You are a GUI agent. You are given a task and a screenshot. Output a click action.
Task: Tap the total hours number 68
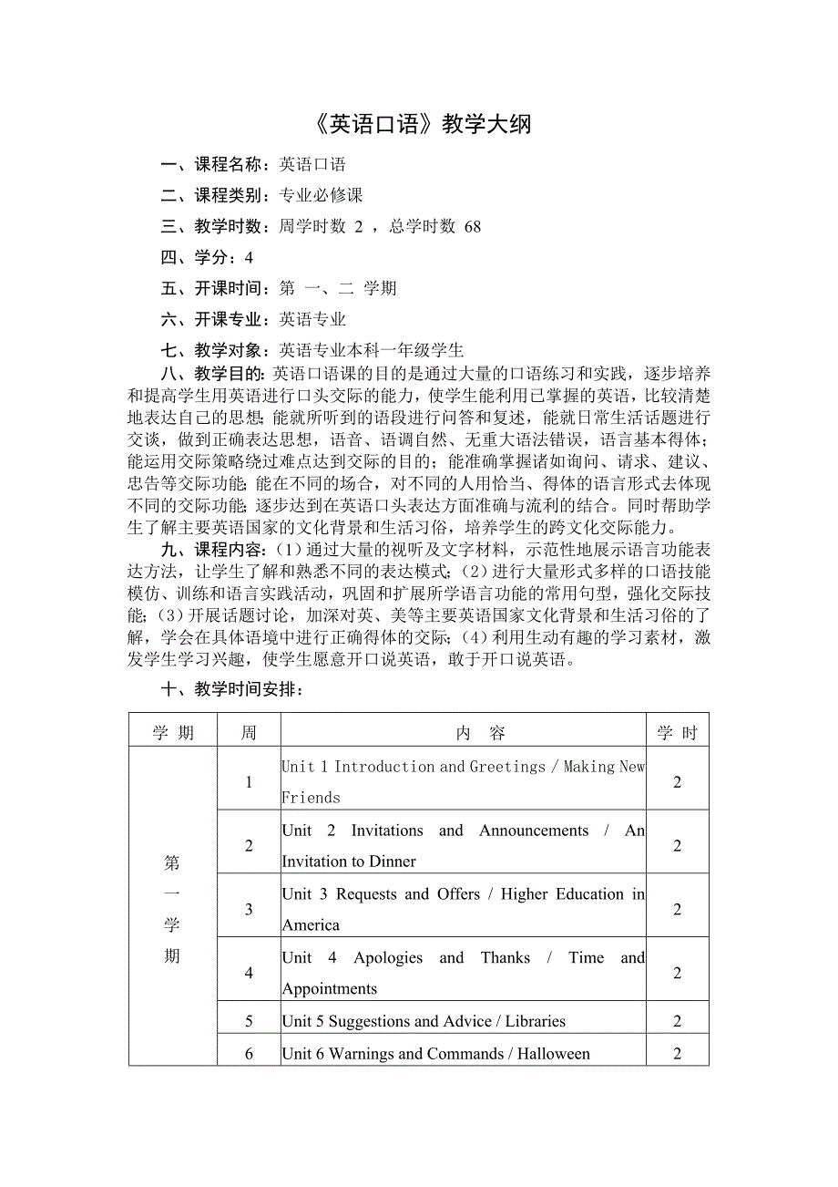point(472,227)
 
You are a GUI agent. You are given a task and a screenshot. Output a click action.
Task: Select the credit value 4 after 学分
point(249,258)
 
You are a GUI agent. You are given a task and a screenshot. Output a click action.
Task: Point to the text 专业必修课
point(322,196)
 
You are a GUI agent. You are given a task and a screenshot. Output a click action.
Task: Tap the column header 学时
point(677,733)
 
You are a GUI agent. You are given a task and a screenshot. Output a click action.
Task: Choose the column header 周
point(249,733)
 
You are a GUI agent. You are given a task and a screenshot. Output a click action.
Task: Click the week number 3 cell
point(249,909)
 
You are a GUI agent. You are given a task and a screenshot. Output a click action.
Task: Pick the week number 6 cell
point(249,1054)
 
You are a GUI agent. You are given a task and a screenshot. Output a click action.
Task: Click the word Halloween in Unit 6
point(554,1054)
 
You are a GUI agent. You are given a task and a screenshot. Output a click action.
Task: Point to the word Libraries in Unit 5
point(531,1021)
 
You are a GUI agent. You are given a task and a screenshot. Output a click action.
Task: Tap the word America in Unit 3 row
point(311,924)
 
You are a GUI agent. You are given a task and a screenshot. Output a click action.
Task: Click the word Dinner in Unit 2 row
point(393,861)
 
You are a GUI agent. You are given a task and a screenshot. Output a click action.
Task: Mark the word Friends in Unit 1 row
point(311,798)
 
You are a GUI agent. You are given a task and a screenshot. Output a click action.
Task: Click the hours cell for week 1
point(677,781)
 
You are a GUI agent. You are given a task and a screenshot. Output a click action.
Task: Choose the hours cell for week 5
point(677,1021)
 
